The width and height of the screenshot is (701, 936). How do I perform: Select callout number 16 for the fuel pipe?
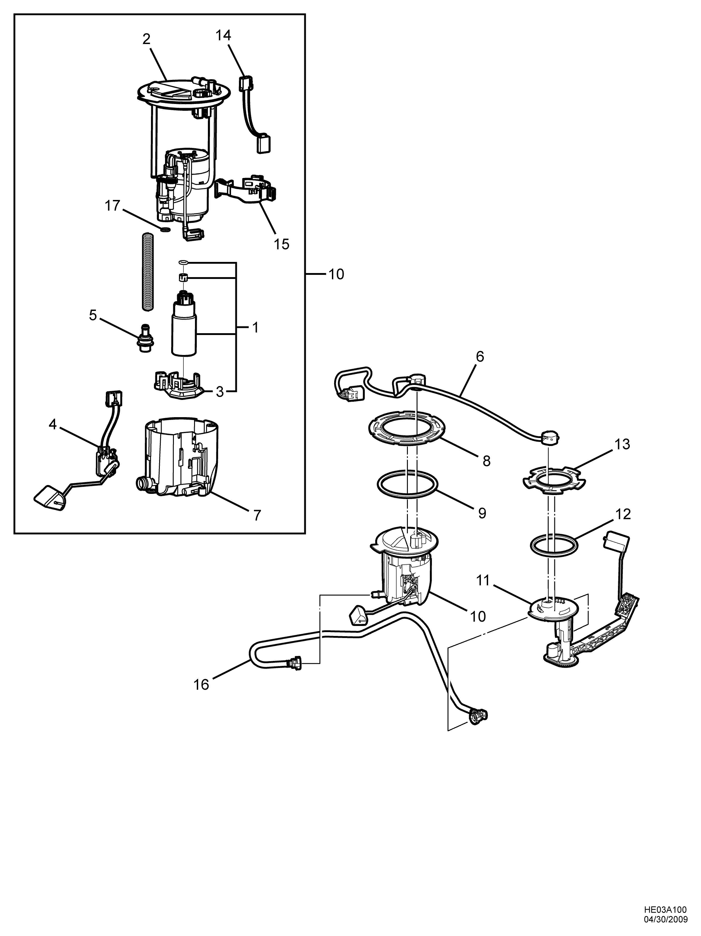point(202,684)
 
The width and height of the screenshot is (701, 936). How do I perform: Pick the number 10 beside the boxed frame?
point(336,275)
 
